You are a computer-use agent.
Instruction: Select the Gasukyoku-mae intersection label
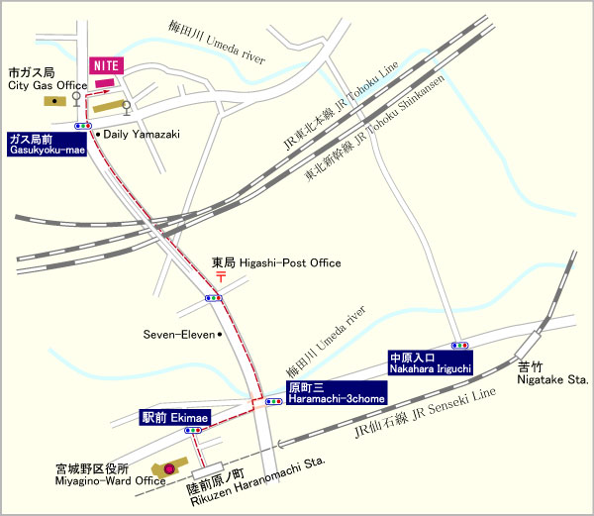pyautogui.click(x=47, y=146)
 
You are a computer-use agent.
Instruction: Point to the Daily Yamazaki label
pyautogui.click(x=141, y=132)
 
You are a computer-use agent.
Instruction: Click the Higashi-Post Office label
pyautogui.click(x=277, y=263)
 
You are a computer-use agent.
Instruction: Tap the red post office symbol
pyautogui.click(x=220, y=279)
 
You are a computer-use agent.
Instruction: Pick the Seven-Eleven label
pyautogui.click(x=178, y=335)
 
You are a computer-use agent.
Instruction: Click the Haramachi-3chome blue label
pyautogui.click(x=334, y=394)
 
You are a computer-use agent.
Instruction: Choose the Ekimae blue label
pyautogui.click(x=174, y=420)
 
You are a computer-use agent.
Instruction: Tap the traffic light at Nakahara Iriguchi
pyautogui.click(x=460, y=345)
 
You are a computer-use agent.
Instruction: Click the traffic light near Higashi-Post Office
pyautogui.click(x=214, y=297)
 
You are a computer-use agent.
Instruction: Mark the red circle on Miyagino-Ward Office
pyautogui.click(x=168, y=467)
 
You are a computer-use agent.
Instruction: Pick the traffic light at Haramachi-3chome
pyautogui.click(x=274, y=401)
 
